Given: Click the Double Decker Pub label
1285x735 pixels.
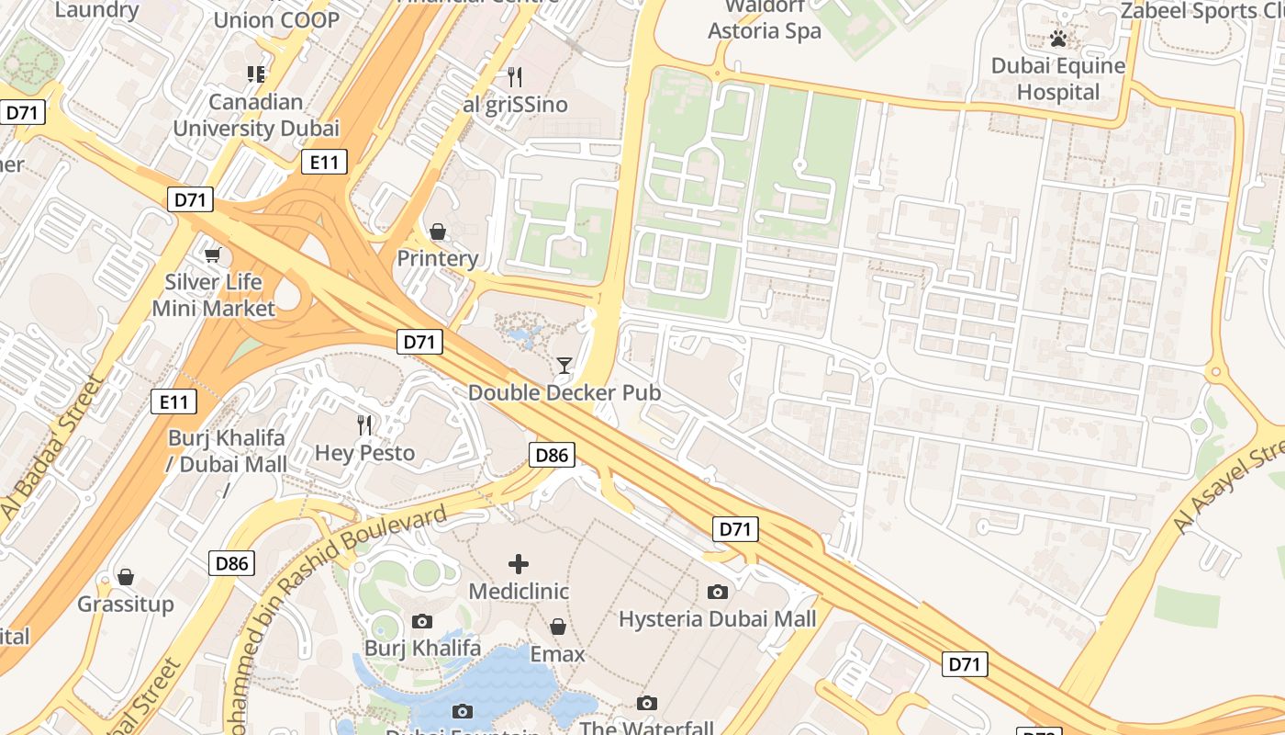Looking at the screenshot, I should pyautogui.click(x=564, y=393).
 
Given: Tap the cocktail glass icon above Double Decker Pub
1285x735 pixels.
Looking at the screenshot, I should pyautogui.click(x=564, y=366).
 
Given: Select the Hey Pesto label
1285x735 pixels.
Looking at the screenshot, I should pyautogui.click(x=364, y=453).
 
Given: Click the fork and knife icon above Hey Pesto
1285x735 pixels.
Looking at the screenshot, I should pyautogui.click(x=364, y=424).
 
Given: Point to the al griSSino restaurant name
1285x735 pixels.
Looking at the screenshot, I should pyautogui.click(x=515, y=105).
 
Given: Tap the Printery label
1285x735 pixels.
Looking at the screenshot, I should pyautogui.click(x=437, y=259).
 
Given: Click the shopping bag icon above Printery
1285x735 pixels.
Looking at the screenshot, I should pyautogui.click(x=438, y=231).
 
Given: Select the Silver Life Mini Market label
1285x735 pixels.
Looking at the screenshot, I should pyautogui.click(x=213, y=295).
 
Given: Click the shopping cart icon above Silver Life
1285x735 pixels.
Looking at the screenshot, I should pyautogui.click(x=213, y=254).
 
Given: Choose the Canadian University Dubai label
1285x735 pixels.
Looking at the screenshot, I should pyautogui.click(x=256, y=115).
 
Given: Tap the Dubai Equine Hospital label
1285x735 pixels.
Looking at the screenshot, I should pyautogui.click(x=1058, y=79).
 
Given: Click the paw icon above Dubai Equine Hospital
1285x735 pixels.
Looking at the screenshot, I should pyautogui.click(x=1058, y=39).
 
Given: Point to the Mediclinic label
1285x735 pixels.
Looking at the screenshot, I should pyautogui.click(x=519, y=592).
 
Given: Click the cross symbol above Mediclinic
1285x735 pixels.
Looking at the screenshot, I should pyautogui.click(x=519, y=563).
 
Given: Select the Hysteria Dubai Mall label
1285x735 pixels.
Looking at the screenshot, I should pyautogui.click(x=717, y=619).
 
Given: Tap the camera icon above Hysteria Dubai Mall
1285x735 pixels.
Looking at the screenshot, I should pyautogui.click(x=718, y=592).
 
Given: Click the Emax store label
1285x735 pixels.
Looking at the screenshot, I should pyautogui.click(x=557, y=654).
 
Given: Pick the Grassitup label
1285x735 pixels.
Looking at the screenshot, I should pyautogui.click(x=126, y=605).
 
